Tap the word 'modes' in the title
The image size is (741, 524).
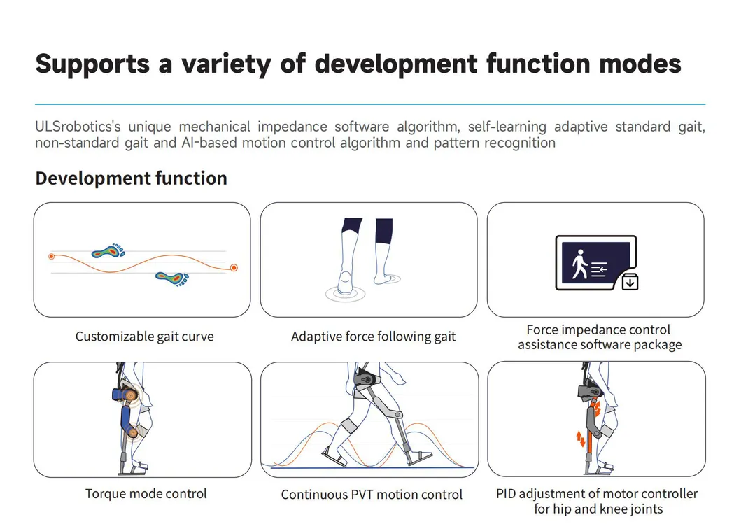pyautogui.click(x=640, y=64)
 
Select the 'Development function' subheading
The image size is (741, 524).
pyautogui.click(x=131, y=178)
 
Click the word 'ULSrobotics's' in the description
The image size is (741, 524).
pyautogui.click(x=78, y=127)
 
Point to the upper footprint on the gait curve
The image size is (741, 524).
pyautogui.click(x=108, y=251)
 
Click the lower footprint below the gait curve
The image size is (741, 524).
pyautogui.click(x=172, y=278)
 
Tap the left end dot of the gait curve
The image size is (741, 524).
pyautogui.click(x=52, y=257)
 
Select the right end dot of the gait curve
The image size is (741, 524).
pyautogui.click(x=234, y=268)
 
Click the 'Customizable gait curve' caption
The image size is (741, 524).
pyautogui.click(x=144, y=337)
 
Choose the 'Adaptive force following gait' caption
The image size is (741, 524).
pyautogui.click(x=374, y=337)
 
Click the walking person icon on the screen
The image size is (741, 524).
pyautogui.click(x=580, y=264)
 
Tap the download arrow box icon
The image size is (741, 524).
pyautogui.click(x=630, y=282)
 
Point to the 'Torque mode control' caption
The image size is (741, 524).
pyautogui.click(x=146, y=493)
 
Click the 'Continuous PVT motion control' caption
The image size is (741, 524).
pyautogui.click(x=372, y=495)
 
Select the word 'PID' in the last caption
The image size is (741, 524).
pyautogui.click(x=506, y=494)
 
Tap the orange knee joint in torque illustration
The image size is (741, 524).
pyautogui.click(x=133, y=432)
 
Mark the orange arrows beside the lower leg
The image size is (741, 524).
pyautogui.click(x=581, y=439)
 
